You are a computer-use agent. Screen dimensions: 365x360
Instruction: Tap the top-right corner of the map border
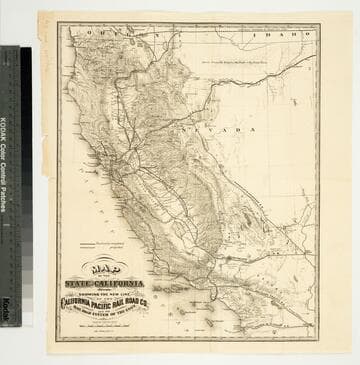point(319,23)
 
